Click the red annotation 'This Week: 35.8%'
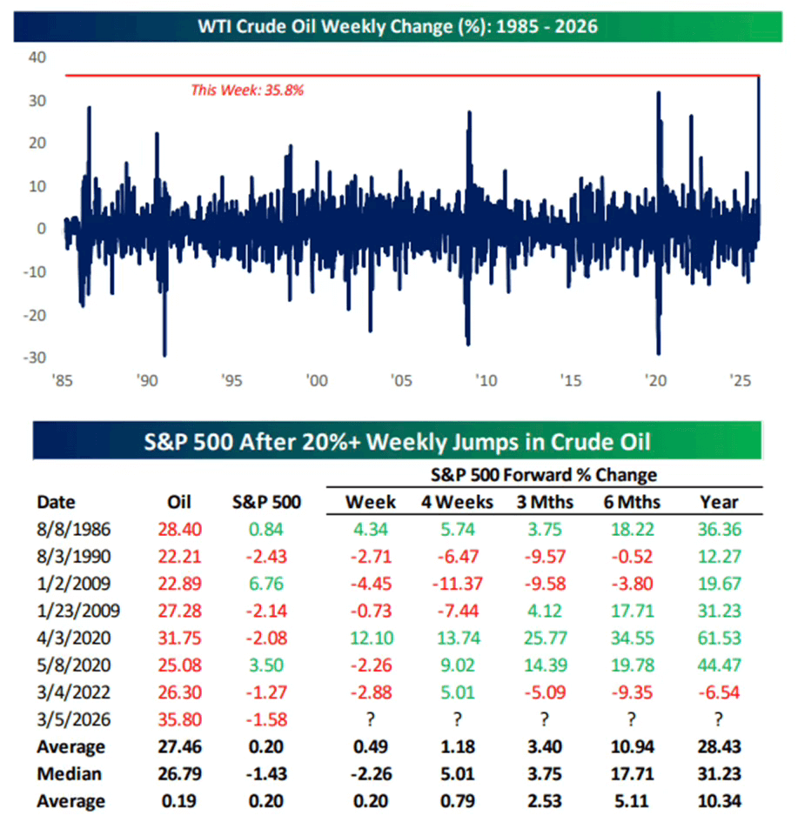tap(247, 89)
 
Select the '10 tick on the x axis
tap(486, 380)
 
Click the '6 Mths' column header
tap(632, 502)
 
